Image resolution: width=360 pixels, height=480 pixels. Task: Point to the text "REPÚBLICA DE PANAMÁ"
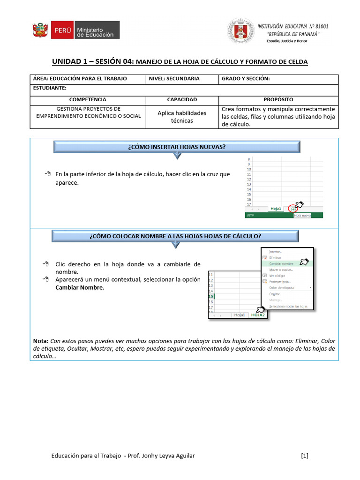[293, 34]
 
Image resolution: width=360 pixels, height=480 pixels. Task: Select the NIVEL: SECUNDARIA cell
[182, 79]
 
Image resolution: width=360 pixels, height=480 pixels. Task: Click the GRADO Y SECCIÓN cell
[279, 79]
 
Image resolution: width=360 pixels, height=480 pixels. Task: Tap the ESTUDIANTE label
[50, 88]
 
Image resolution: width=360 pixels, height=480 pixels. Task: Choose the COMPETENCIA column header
[88, 100]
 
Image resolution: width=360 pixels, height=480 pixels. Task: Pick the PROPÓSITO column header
[278, 100]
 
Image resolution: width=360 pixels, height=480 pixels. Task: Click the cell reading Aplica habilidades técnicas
[182, 117]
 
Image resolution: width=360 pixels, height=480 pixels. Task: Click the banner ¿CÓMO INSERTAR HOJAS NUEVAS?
[176, 147]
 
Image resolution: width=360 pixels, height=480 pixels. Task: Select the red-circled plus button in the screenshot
[293, 209]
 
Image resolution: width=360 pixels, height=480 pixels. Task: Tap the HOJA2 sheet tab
[258, 315]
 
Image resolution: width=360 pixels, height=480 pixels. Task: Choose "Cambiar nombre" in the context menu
[281, 264]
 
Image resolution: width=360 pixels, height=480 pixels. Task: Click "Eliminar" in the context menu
[276, 258]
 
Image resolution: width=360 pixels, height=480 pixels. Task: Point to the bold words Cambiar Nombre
[80, 287]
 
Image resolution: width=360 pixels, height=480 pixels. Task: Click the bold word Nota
[41, 341]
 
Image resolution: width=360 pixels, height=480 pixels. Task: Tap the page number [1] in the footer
[305, 455]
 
